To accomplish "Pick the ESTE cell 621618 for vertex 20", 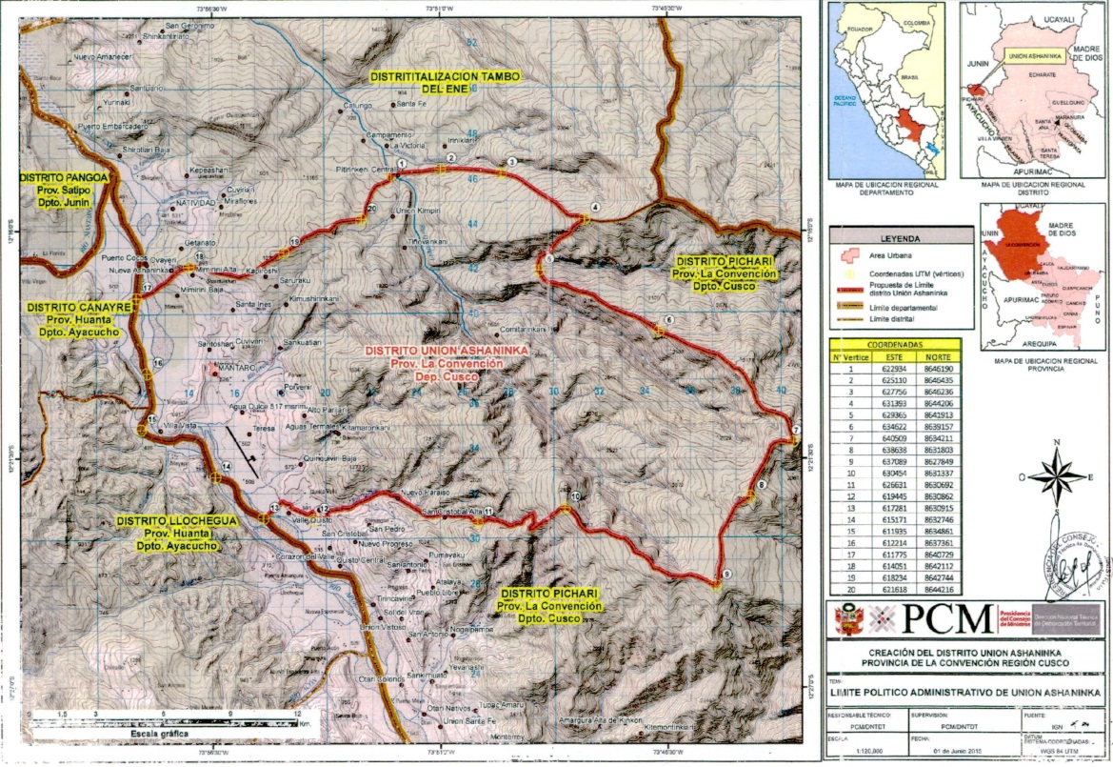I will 894,591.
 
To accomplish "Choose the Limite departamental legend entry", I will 905,310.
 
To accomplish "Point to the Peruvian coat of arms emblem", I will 845,620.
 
